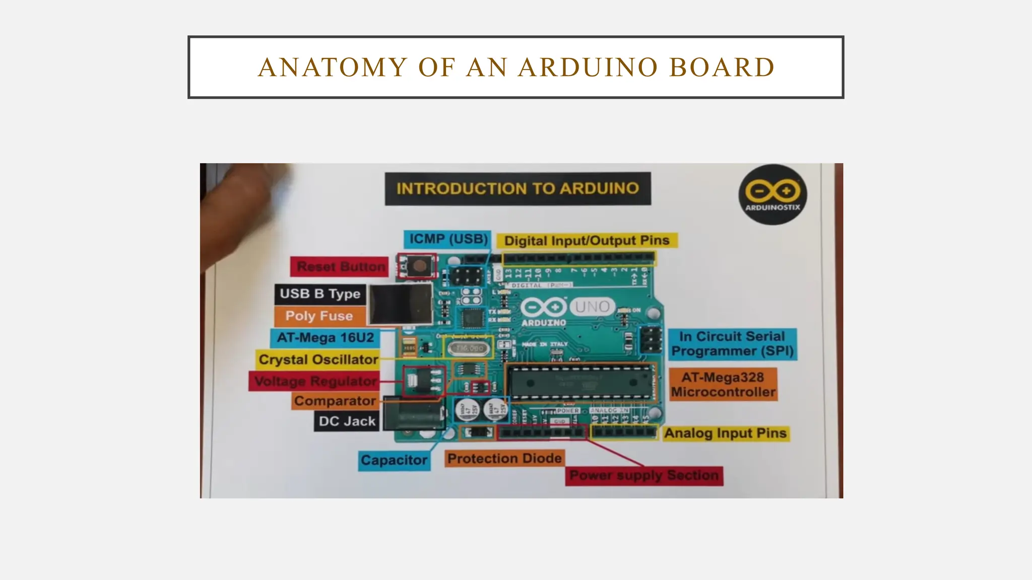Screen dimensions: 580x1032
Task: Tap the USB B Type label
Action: (x=320, y=294)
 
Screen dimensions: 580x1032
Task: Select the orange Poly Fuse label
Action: (x=319, y=316)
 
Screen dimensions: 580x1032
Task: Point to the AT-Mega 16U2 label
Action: (x=326, y=338)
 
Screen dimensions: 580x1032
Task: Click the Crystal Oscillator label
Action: (x=318, y=359)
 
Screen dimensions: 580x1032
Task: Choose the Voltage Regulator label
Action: (x=314, y=381)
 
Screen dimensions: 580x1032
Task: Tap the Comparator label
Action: (x=335, y=401)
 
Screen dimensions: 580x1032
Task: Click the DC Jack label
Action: (x=347, y=421)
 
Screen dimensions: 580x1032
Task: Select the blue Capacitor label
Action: (x=394, y=460)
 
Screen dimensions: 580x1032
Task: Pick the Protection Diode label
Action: (x=504, y=459)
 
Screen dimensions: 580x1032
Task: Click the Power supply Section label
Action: (x=644, y=476)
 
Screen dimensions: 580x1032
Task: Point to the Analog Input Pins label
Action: (x=725, y=433)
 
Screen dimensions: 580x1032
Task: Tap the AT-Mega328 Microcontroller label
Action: (x=723, y=385)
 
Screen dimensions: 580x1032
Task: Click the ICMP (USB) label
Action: (x=447, y=239)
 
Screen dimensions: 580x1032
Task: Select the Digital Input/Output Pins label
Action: (x=587, y=241)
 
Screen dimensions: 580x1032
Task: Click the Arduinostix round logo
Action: (x=772, y=194)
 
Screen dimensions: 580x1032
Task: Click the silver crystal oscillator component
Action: (x=469, y=348)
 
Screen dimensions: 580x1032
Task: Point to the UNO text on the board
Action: (x=592, y=306)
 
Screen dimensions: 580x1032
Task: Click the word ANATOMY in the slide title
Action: (x=333, y=67)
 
